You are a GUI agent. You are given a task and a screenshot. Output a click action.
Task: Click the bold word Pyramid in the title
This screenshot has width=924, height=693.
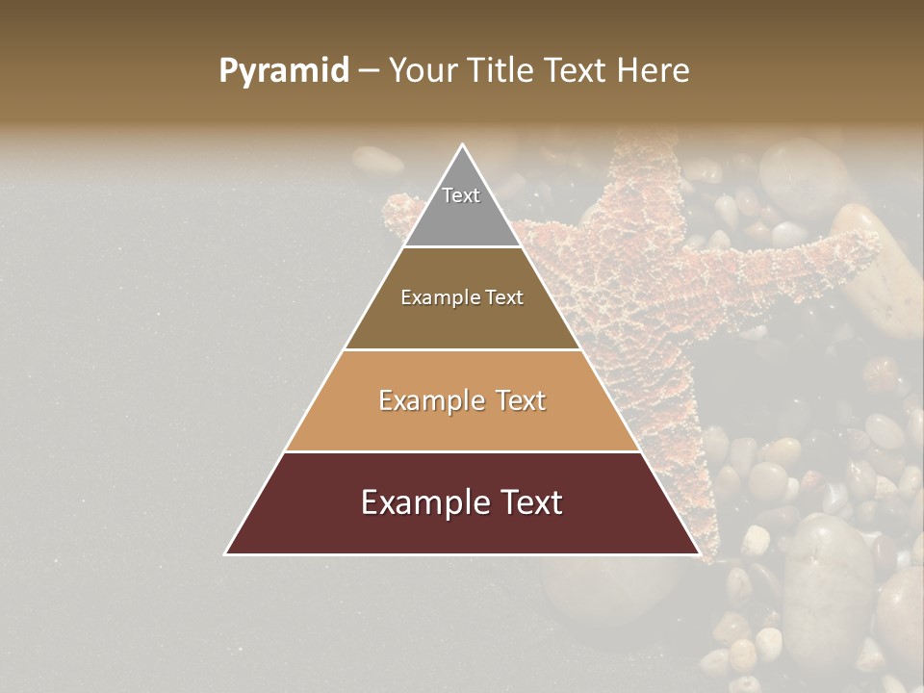pyautogui.click(x=284, y=71)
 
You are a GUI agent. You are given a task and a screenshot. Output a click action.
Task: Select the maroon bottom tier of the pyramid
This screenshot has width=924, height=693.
pyautogui.click(x=462, y=520)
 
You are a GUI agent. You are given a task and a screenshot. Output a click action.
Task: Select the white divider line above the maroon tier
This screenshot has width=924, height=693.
pyautogui.click(x=462, y=451)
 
